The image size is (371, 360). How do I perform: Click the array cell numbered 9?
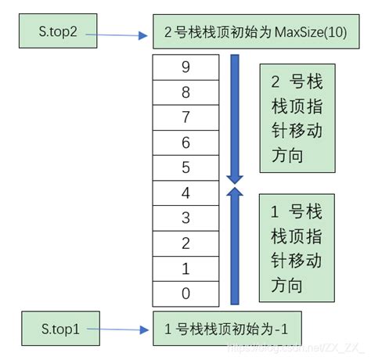[x=185, y=67]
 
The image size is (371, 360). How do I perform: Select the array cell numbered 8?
[x=185, y=92]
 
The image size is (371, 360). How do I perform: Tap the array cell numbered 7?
[x=185, y=117]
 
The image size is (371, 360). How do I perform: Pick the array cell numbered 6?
[x=185, y=142]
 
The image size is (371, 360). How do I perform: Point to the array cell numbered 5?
[x=185, y=167]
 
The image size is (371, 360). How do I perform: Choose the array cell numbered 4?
[x=185, y=193]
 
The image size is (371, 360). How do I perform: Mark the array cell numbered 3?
[x=185, y=218]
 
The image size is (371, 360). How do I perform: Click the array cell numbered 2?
[x=185, y=243]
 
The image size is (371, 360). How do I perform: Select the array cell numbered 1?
[x=185, y=268]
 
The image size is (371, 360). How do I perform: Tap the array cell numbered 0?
[x=185, y=293]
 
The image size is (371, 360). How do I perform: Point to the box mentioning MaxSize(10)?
[x=248, y=35]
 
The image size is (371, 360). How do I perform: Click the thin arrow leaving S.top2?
[x=117, y=34]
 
